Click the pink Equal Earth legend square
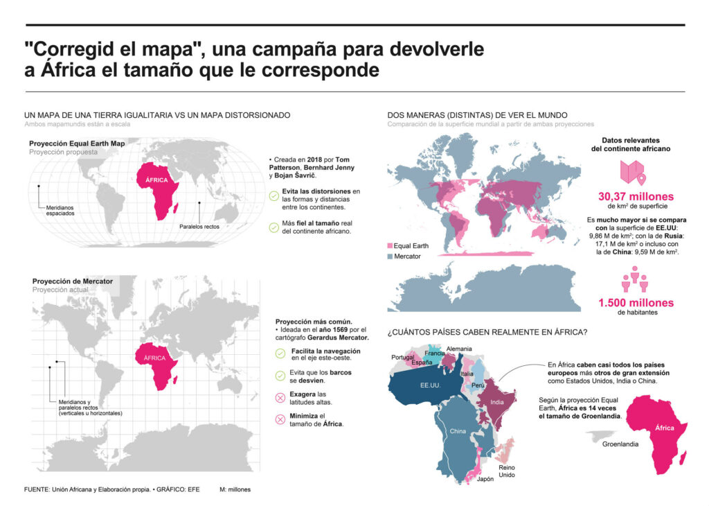(391, 246)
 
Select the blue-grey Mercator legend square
(391, 256)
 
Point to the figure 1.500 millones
(636, 303)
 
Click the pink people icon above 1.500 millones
(634, 279)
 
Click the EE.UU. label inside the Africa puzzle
(429, 383)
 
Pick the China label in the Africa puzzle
(458, 431)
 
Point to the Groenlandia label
(620, 444)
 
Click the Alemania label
(459, 348)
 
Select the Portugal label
(402, 357)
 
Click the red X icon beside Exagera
(280, 398)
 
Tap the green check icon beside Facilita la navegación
(280, 354)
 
